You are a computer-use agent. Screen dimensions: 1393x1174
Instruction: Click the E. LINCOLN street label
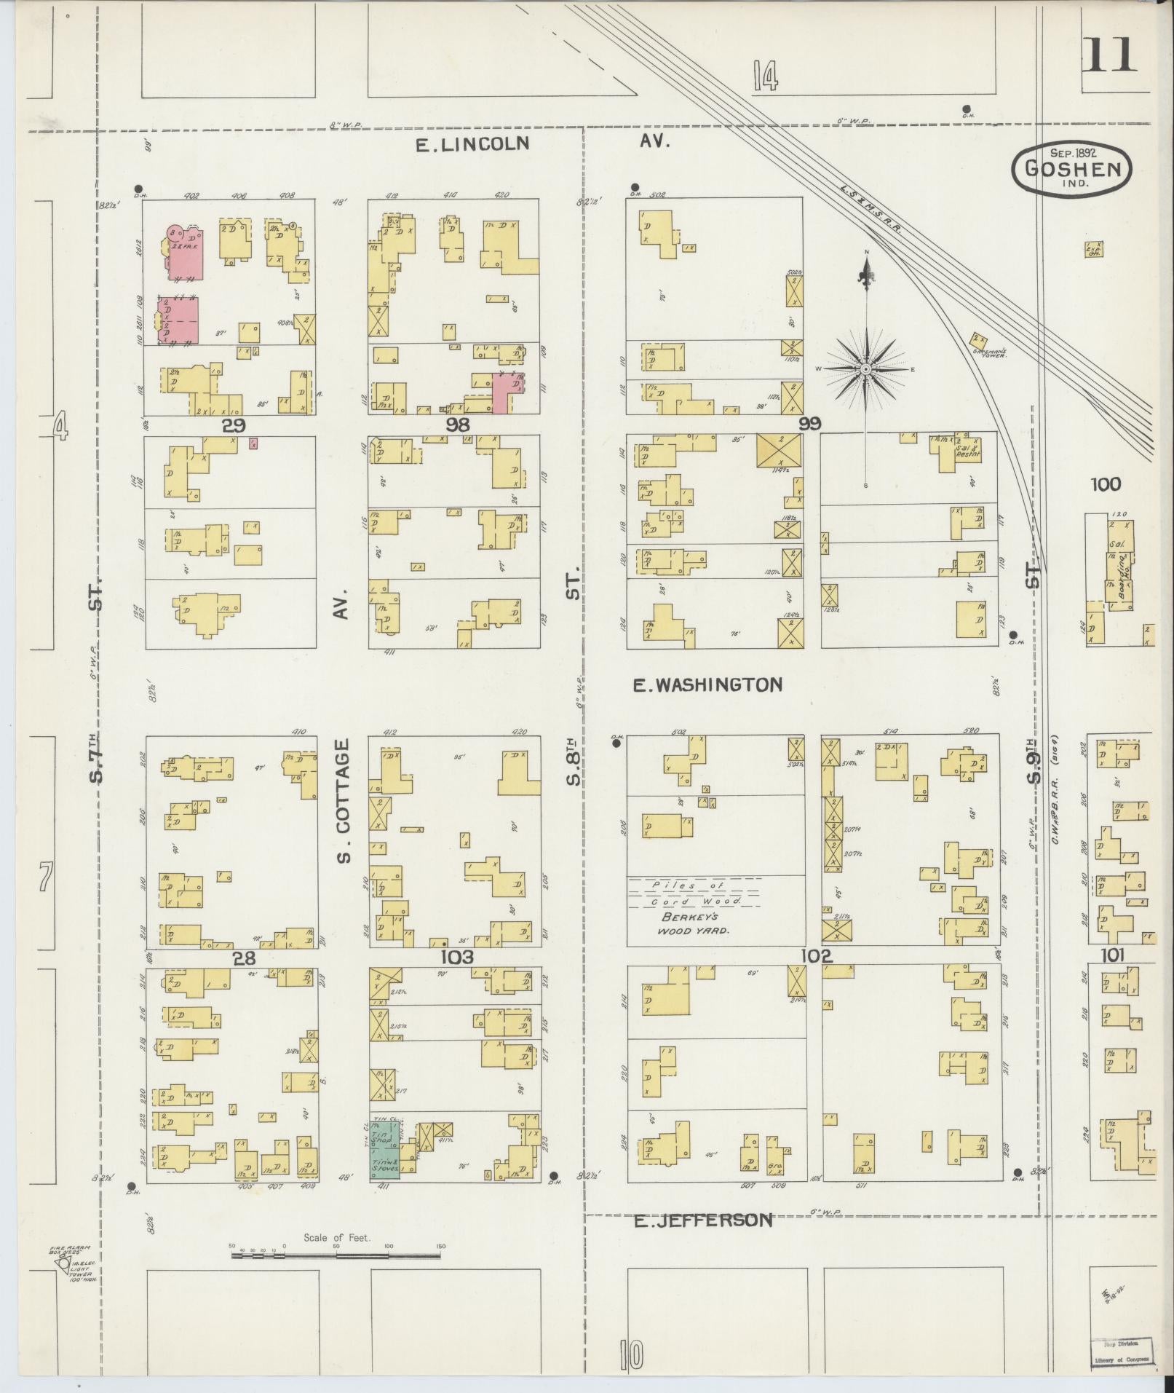(472, 143)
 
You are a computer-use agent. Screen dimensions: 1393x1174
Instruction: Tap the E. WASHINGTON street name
(707, 684)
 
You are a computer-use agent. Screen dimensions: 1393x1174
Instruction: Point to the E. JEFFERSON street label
(702, 1220)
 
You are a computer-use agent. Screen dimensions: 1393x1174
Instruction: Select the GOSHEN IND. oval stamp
(1071, 170)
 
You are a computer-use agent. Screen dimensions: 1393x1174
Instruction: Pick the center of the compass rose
(866, 369)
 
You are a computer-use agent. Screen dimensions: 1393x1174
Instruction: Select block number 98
(459, 425)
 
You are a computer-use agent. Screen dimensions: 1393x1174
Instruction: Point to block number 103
(456, 957)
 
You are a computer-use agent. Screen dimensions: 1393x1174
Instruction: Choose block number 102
(816, 956)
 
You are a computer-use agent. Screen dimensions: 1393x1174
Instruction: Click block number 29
(234, 425)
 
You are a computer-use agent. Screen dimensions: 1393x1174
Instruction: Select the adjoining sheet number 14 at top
(766, 76)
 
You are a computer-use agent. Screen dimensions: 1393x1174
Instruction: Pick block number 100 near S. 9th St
(1106, 484)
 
